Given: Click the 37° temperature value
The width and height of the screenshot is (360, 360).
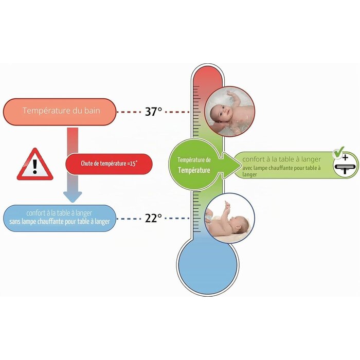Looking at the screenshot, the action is coord(153,112).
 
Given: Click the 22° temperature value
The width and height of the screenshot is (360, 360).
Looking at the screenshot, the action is coord(153,218).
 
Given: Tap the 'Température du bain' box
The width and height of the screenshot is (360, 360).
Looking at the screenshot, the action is coord(60,112).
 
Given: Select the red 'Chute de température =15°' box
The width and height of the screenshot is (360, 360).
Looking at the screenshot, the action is coord(109,164).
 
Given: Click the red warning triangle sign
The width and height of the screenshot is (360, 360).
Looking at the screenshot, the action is coord(35,164).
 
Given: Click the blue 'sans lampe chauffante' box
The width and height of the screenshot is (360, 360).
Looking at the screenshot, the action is coord(60,218).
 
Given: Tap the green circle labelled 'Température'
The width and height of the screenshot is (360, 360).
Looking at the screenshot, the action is coord(193,165).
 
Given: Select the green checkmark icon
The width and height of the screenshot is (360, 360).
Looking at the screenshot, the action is coord(339,152).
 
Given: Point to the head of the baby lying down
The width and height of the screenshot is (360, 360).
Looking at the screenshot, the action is coord(240,223).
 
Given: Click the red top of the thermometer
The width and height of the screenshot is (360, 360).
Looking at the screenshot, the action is coord(207,78).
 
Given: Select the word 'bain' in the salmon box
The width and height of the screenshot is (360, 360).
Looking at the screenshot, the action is coord(92,111).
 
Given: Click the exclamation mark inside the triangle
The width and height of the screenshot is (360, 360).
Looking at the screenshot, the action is coord(34,167).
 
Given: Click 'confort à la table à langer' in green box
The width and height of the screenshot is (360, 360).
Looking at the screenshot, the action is coord(281,159).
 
